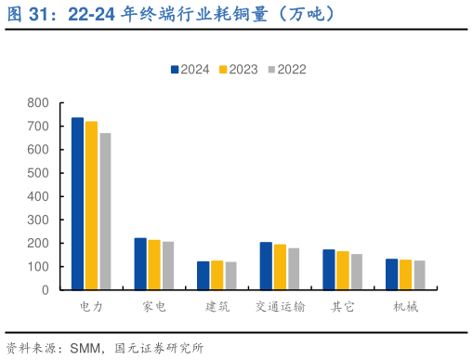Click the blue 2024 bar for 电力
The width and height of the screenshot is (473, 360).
(78, 204)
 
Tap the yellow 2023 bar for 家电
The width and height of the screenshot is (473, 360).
(154, 265)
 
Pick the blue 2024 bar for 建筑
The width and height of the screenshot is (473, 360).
(204, 275)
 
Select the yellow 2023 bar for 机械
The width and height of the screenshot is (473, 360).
(405, 274)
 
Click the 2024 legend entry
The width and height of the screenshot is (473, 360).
(190, 69)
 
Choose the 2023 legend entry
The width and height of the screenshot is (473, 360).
(238, 69)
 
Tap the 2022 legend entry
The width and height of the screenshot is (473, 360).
(286, 69)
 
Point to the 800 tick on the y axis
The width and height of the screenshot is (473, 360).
(38, 102)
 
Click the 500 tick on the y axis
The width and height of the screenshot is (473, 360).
(38, 173)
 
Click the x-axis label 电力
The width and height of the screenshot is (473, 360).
(92, 306)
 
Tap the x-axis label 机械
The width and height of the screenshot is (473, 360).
(405, 306)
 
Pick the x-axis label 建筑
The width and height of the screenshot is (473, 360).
(217, 306)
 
